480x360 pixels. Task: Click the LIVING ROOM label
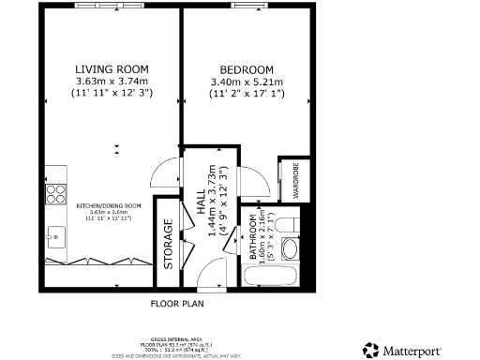(112, 69)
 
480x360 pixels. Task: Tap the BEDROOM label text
(246, 70)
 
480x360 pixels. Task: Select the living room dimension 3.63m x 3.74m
(112, 82)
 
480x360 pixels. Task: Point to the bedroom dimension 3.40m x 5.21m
(246, 82)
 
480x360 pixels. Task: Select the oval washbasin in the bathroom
(290, 249)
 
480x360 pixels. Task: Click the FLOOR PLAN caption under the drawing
(177, 304)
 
